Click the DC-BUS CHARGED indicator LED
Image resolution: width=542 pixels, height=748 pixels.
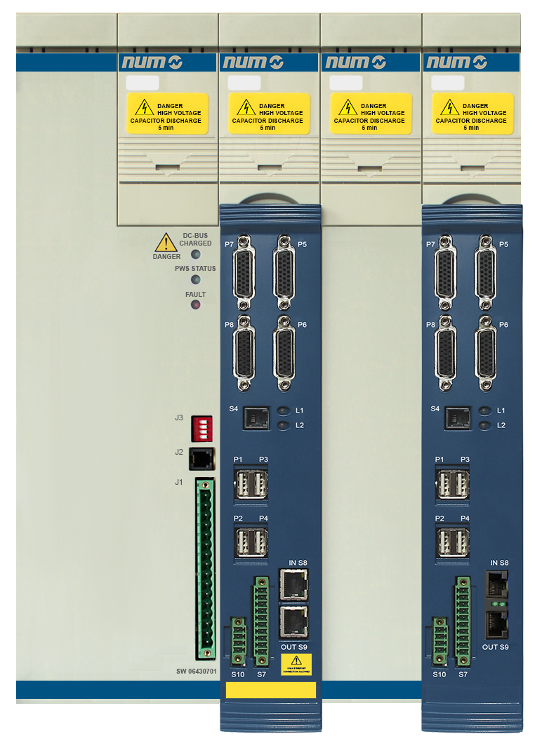(x=196, y=254)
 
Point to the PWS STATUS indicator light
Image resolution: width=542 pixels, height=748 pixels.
(x=196, y=279)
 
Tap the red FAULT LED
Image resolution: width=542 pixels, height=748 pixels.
(x=196, y=305)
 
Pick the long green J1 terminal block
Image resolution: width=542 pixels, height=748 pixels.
(x=206, y=568)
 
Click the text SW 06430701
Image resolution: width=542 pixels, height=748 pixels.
(x=197, y=672)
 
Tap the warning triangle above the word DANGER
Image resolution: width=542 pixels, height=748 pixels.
(x=166, y=243)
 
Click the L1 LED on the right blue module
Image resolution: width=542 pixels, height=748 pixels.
(x=485, y=410)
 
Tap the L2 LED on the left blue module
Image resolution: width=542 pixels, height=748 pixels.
(x=282, y=425)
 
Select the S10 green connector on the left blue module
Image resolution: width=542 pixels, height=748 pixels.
(x=238, y=639)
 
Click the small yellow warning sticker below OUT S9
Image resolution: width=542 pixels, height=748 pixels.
(x=296, y=664)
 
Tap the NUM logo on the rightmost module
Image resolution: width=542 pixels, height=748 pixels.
(x=472, y=62)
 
